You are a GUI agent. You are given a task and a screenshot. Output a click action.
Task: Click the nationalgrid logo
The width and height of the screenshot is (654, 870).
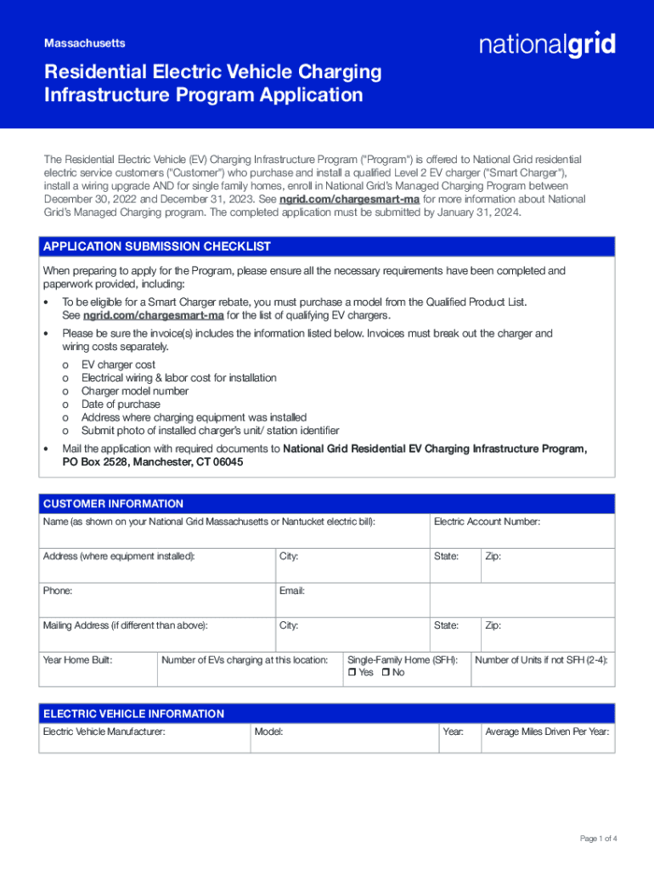point(547,44)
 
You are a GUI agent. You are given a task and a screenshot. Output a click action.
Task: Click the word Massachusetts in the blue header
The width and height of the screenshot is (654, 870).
point(84,42)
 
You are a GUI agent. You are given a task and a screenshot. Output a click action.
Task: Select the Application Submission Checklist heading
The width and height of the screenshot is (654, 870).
point(157,246)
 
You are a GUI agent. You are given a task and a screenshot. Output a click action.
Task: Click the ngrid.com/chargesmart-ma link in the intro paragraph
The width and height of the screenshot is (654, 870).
point(349,199)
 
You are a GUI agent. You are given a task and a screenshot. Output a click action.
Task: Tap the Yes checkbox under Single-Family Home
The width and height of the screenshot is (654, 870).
point(352,673)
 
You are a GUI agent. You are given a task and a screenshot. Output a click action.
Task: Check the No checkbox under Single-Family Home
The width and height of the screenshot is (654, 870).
point(386,673)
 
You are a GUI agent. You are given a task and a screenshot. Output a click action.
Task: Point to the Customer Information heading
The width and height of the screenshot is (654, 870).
point(113,504)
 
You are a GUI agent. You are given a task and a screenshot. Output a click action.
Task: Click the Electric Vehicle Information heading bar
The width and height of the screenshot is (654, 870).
point(327,714)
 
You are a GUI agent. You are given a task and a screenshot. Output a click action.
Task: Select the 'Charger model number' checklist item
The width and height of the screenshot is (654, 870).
point(134,392)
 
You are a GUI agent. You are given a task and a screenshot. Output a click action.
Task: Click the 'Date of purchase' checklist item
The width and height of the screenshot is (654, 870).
point(120,404)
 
